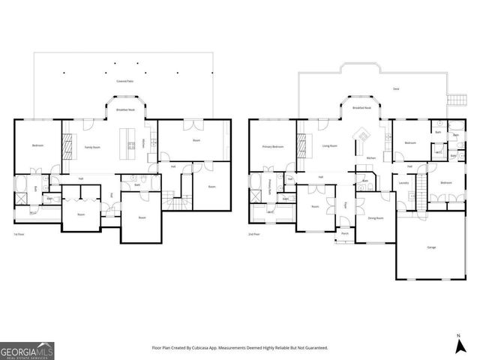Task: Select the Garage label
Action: [431, 247]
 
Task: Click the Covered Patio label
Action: [124, 78]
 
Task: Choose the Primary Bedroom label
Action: [272, 146]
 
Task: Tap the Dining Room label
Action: [375, 217]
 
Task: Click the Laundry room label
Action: [403, 182]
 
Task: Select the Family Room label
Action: [92, 148]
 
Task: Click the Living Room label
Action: [328, 146]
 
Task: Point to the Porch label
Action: [345, 233]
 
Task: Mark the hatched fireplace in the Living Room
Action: [303, 142]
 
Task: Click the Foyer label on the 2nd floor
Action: [346, 204]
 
